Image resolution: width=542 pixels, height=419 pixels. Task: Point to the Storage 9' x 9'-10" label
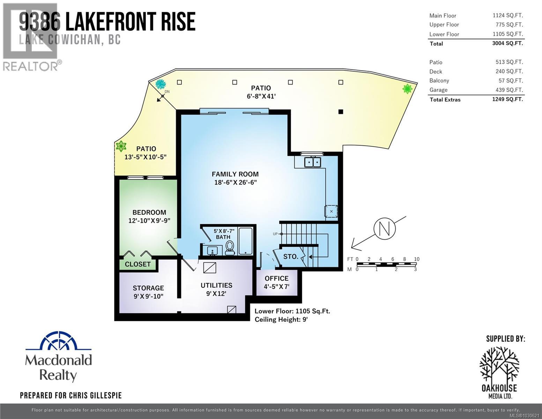tap(148, 292)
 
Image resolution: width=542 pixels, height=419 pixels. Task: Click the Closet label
tap(138, 264)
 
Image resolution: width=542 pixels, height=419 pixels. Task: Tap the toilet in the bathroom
tap(230, 248)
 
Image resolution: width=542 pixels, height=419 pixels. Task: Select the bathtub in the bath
tap(246, 241)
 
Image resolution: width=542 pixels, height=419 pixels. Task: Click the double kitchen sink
tap(312, 162)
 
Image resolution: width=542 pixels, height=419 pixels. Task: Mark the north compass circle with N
tap(384, 229)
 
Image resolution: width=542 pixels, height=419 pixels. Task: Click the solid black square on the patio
tap(341, 112)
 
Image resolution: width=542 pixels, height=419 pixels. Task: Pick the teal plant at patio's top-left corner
tap(161, 84)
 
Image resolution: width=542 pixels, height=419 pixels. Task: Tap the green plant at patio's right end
tap(407, 89)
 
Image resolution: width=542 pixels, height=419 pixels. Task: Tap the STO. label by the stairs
tap(291, 257)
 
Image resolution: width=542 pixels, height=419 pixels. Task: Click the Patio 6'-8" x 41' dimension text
tap(261, 96)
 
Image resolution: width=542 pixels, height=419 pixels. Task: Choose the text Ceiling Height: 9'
tap(281, 319)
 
